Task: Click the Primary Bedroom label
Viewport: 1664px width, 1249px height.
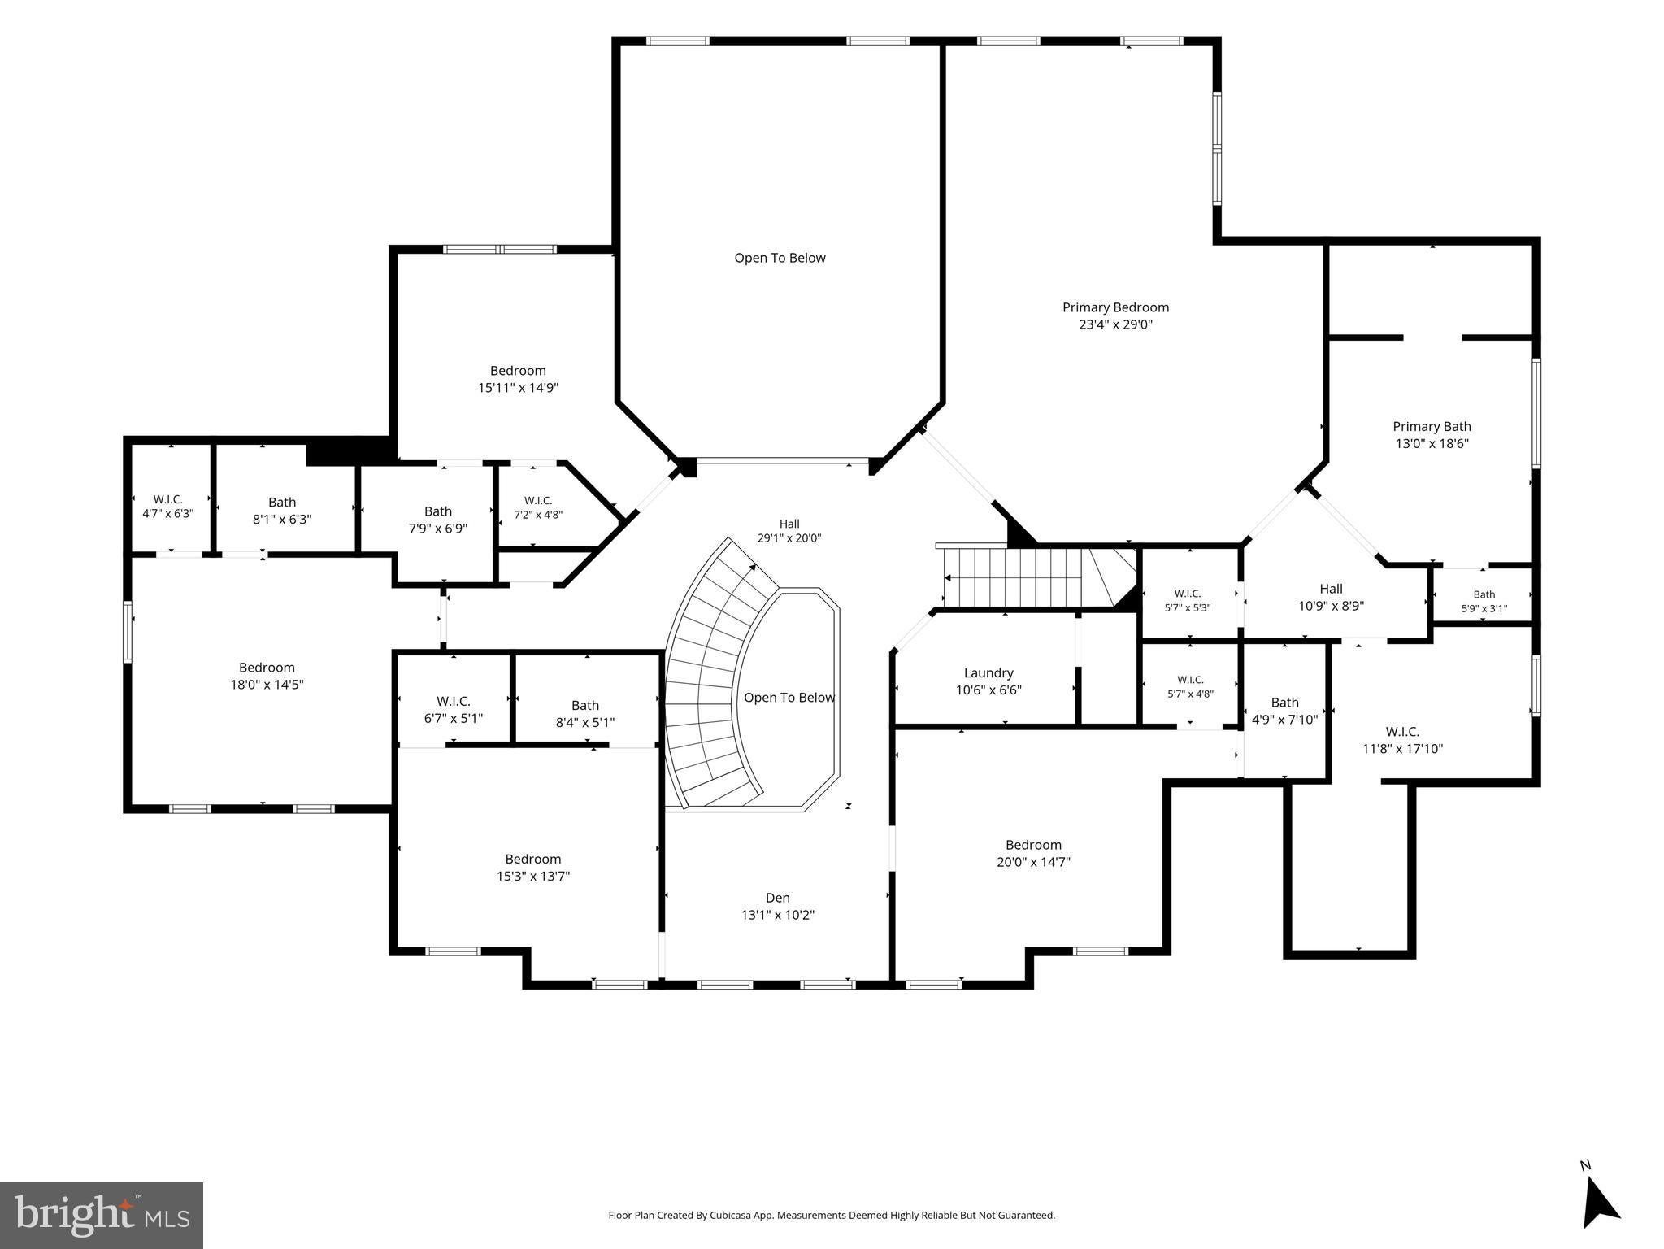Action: (1115, 307)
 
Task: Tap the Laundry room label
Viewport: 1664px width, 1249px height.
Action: (988, 673)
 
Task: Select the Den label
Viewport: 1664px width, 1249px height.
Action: (778, 898)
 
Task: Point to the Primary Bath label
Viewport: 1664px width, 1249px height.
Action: (1432, 426)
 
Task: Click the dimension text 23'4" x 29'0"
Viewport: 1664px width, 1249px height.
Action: (1115, 324)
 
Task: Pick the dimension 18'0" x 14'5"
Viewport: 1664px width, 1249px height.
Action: (267, 685)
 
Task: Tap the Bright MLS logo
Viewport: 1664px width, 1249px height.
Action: (102, 1216)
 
